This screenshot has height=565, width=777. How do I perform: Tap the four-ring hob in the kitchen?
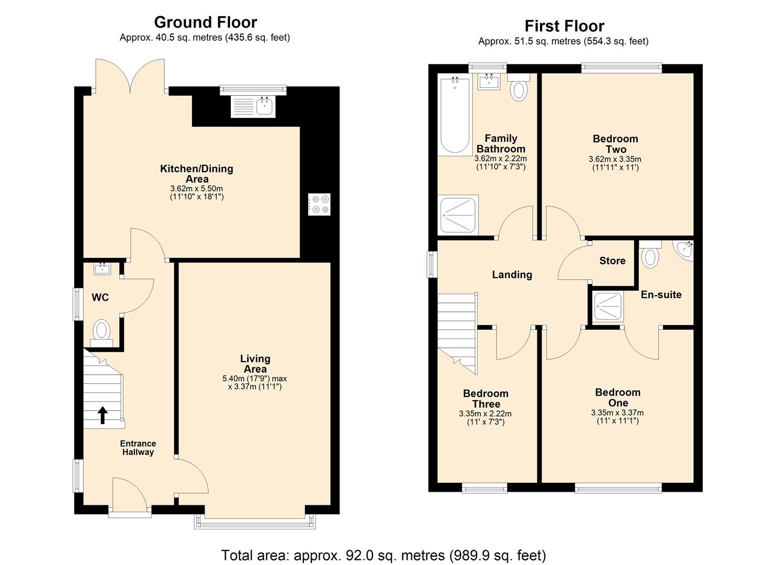tap(319, 204)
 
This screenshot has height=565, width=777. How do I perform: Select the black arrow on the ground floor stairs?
tap(103, 415)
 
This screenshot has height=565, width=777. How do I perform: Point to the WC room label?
tap(100, 298)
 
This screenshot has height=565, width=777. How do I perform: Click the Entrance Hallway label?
tap(138, 448)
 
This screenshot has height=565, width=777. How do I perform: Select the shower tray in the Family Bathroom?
tap(458, 214)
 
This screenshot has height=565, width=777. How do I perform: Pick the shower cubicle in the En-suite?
tap(607, 307)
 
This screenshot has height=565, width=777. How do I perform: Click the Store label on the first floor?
tap(612, 261)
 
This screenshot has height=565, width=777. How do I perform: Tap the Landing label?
tap(512, 275)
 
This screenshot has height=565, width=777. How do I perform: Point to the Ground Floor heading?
tap(205, 22)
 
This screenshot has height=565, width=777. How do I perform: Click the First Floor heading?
tap(564, 26)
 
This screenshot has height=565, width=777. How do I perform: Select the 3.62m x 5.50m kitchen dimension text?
tap(197, 189)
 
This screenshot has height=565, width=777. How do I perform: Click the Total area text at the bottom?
tap(383, 555)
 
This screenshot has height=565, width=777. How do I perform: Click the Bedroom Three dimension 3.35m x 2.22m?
tap(485, 414)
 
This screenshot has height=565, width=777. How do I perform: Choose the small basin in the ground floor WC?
tap(102, 269)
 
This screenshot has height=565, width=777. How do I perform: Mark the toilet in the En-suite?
tap(650, 256)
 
